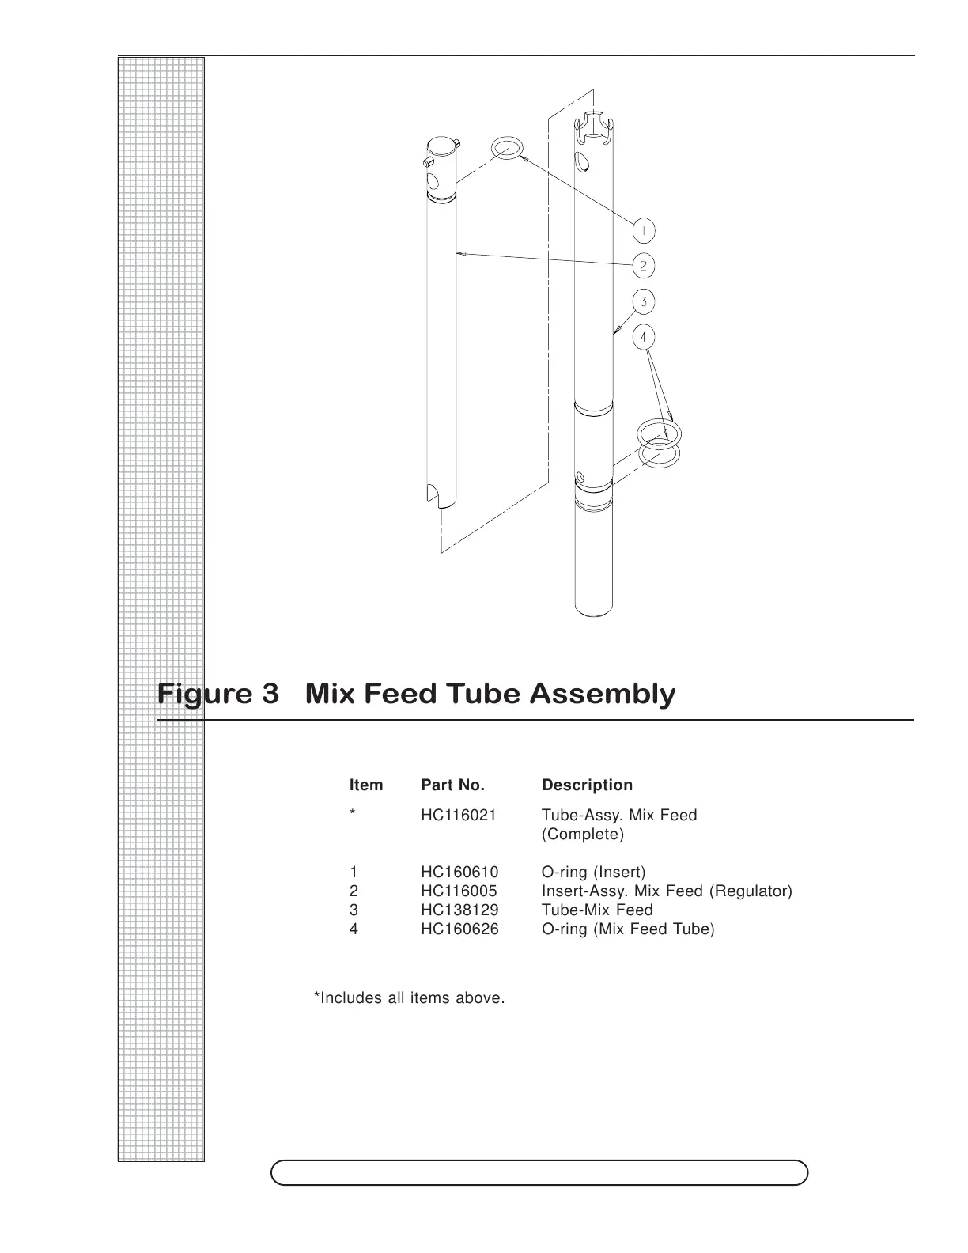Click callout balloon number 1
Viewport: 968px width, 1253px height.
[x=644, y=231]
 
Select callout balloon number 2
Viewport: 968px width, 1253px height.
[x=644, y=266]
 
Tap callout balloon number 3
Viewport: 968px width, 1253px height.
[x=644, y=301]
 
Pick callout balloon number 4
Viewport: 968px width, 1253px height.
[x=644, y=338]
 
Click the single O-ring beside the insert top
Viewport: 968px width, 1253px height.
[x=506, y=148]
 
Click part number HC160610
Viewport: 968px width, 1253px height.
[x=459, y=872]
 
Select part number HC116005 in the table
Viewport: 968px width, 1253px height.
[x=459, y=891]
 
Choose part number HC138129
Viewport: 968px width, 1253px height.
[x=459, y=910]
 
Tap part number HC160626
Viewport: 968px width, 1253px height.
[x=459, y=929]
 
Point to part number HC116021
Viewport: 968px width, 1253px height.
[x=459, y=815]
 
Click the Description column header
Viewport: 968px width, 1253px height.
[x=587, y=785]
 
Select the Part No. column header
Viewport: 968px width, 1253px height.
[x=452, y=785]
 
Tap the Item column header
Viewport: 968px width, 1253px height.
[x=366, y=785]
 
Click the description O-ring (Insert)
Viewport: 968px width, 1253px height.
[x=593, y=872]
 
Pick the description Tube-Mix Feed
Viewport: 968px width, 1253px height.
[x=597, y=910]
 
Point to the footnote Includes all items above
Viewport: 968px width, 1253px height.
[x=410, y=997]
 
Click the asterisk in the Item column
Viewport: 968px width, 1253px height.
[x=353, y=815]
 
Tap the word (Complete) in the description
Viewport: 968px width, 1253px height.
[x=582, y=834]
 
